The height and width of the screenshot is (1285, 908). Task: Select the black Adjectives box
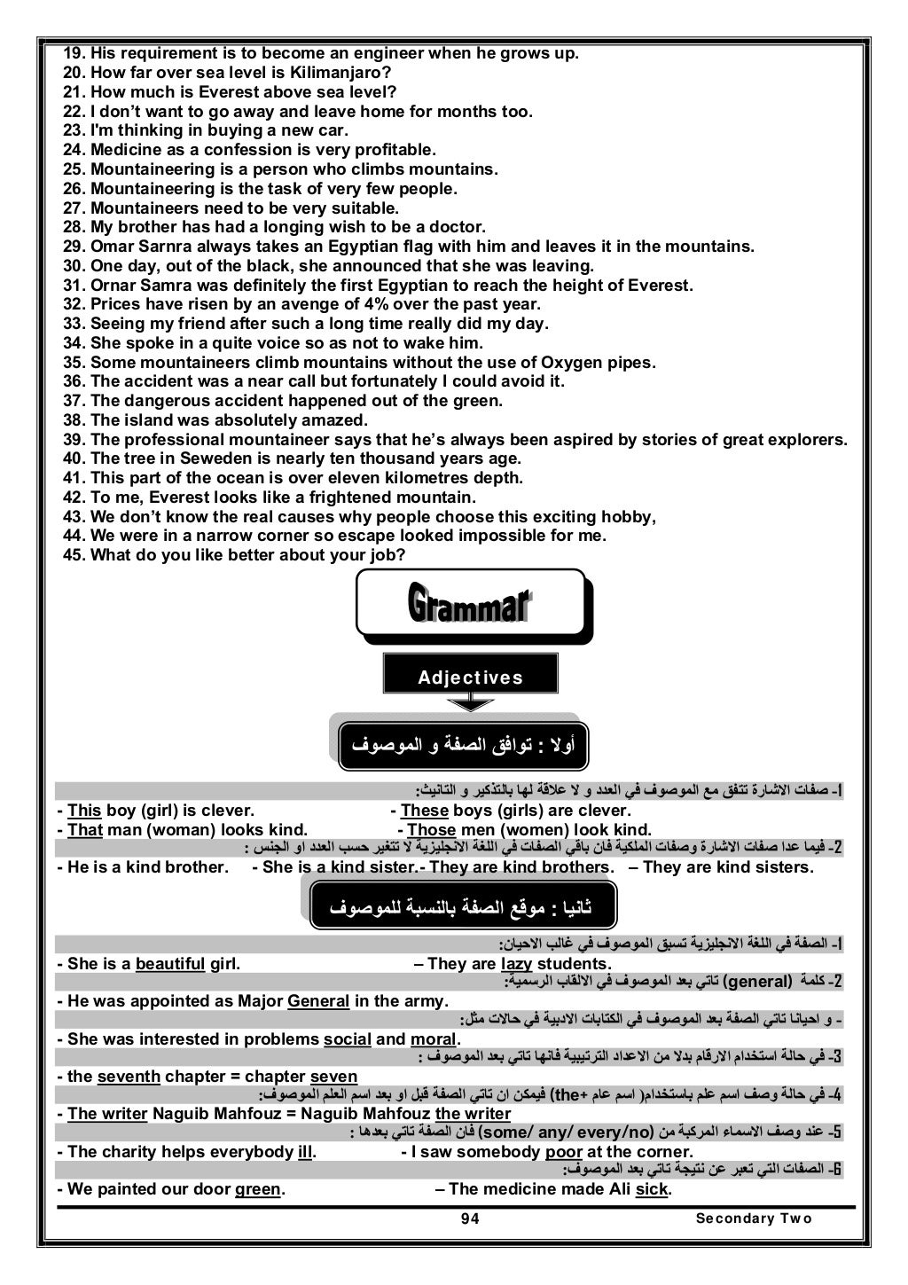470,677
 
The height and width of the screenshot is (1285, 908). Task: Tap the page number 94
470,1218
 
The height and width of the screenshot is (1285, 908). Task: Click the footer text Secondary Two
754,1218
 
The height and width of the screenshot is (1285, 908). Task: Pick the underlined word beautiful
170,964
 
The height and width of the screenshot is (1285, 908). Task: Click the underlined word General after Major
318,1001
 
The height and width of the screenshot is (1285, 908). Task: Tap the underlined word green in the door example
257,1189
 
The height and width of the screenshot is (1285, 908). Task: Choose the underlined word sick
652,1189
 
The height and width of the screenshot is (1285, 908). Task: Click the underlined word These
424,811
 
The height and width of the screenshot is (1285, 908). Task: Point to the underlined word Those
431,830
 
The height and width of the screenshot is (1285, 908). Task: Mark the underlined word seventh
129,1077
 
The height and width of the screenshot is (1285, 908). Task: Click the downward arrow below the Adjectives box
470,703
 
